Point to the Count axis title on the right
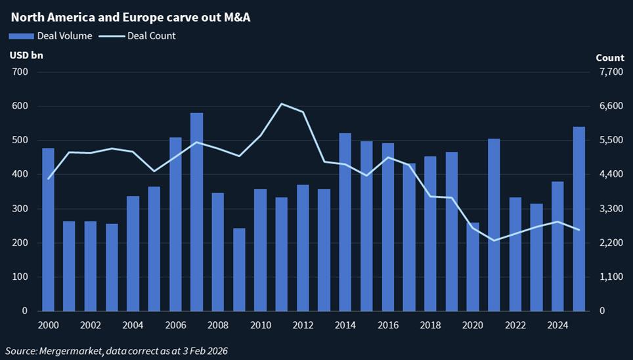coord(609,58)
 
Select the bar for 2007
coord(196,212)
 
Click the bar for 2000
coord(48,229)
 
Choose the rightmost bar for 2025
coord(578,219)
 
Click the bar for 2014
coord(345,222)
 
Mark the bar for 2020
coord(473,267)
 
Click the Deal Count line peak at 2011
coord(281,104)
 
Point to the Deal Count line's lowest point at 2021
coord(494,240)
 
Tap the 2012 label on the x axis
coord(302,325)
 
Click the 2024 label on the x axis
coord(557,325)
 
